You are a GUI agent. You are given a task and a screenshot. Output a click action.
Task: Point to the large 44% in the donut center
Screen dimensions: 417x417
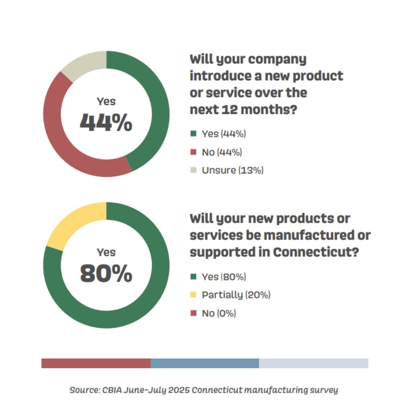pos(106,122)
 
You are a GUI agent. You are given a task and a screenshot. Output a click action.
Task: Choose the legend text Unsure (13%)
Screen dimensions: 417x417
pos(232,170)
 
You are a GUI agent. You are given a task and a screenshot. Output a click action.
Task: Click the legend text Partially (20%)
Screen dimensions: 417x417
pos(236,295)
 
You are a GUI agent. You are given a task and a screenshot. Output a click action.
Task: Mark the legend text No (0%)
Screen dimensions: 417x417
pos(219,313)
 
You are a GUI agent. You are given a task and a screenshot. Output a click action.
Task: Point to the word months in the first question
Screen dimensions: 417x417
pos(269,110)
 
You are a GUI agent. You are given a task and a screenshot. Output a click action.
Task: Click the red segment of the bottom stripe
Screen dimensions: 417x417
pos(96,363)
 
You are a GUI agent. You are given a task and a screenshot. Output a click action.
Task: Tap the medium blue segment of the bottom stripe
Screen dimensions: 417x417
pos(205,363)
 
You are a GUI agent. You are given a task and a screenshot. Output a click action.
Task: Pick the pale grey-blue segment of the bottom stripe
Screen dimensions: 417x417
pos(314,363)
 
